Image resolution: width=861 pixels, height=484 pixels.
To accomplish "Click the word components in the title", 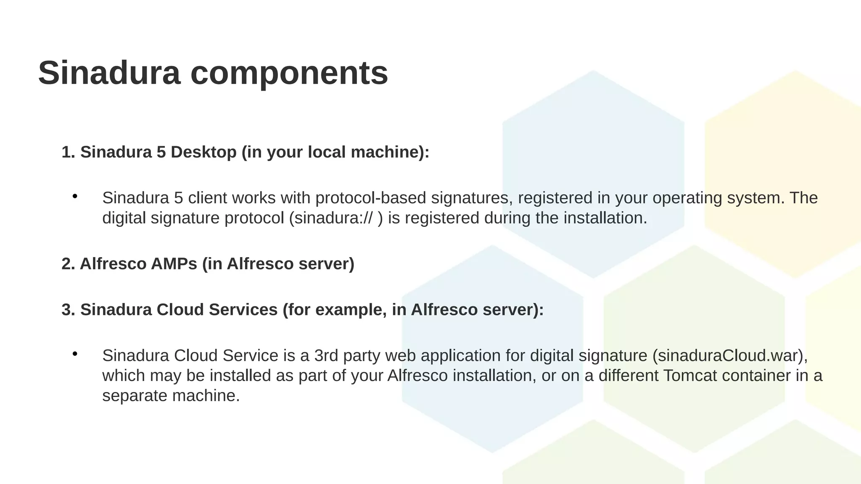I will pyautogui.click(x=289, y=73).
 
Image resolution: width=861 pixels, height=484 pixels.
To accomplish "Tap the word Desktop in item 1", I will pyautogui.click(x=203, y=152).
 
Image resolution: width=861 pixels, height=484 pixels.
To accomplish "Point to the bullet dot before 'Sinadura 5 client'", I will pyautogui.click(x=75, y=196).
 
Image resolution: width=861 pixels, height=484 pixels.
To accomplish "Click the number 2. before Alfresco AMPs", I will pyautogui.click(x=68, y=264).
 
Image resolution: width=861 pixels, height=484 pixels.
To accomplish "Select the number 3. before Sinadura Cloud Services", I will pyautogui.click(x=68, y=310).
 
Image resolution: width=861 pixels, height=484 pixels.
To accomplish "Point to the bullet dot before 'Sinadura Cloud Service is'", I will pyautogui.click(x=75, y=354).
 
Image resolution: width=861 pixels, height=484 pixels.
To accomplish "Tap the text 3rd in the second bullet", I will pyautogui.click(x=326, y=355).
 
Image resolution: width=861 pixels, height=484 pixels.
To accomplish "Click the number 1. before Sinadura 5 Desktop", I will pyautogui.click(x=68, y=152).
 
